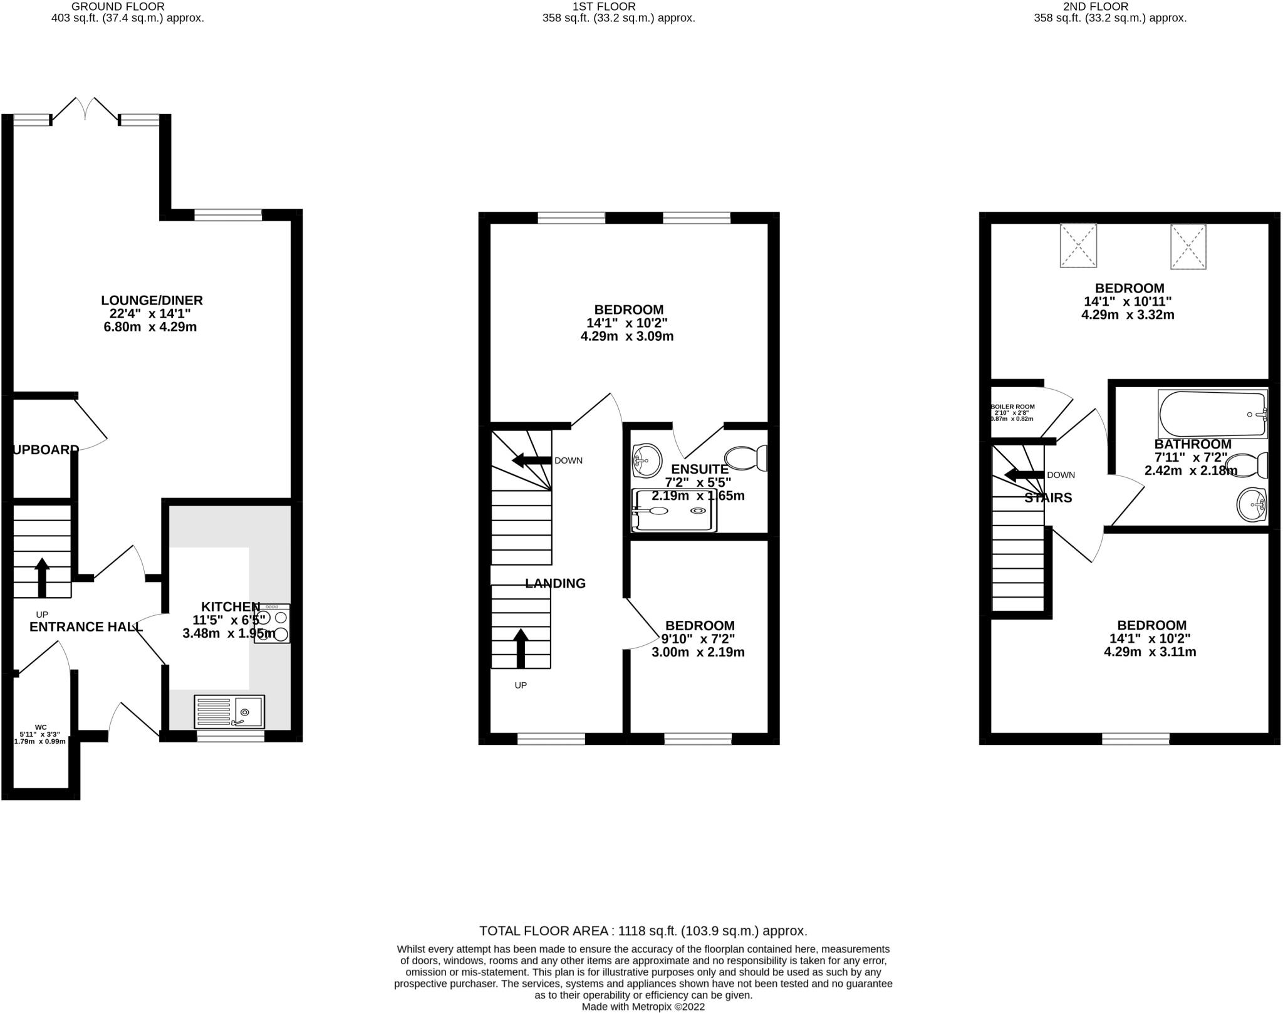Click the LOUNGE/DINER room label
153,301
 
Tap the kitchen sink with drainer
230,712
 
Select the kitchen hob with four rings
272,624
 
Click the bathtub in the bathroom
1212,414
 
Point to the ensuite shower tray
674,511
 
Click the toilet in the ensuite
746,458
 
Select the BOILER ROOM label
1012,407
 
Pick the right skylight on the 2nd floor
1188,246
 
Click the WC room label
41,727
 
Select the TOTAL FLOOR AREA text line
643,931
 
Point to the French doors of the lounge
85,110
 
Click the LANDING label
555,583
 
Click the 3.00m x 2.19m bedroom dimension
698,652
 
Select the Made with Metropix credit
643,1007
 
